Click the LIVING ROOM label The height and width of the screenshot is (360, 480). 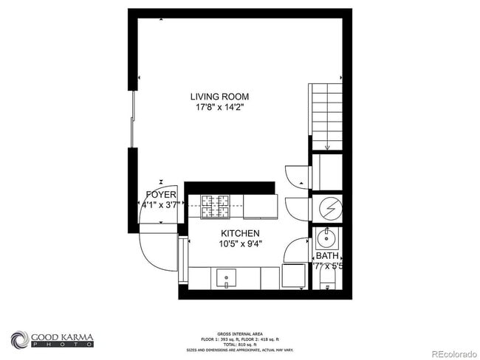pyautogui.click(x=219, y=96)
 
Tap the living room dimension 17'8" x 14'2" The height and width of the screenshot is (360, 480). pyautogui.click(x=219, y=107)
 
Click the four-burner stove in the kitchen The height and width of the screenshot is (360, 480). pyautogui.click(x=215, y=206)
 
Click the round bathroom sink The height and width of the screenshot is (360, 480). pyautogui.click(x=326, y=238)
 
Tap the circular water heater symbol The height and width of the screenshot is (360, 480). pyautogui.click(x=327, y=208)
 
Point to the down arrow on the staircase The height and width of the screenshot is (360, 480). pyautogui.click(x=327, y=145)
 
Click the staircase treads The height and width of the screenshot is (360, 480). pyautogui.click(x=326, y=111)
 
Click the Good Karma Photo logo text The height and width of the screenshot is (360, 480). pyautogui.click(x=62, y=341)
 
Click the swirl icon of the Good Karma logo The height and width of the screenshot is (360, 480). pyautogui.click(x=19, y=340)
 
